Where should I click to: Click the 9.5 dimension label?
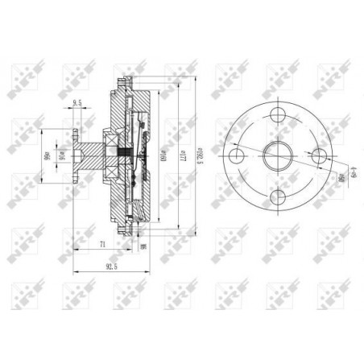point(79,103)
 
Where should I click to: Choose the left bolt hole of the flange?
point(237,155)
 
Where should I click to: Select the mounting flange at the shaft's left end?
point(74,154)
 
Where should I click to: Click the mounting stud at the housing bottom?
point(126,228)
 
